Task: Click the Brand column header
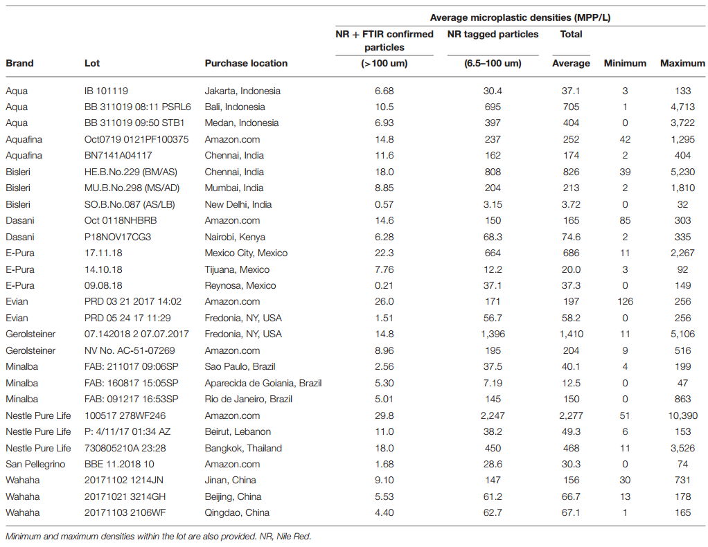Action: tap(19, 63)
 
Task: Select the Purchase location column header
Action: tap(246, 63)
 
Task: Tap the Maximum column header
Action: tap(682, 63)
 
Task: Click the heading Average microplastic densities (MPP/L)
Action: tap(520, 17)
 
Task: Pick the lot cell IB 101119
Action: tap(106, 91)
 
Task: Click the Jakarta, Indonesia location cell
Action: tap(242, 91)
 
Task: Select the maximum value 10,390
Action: tap(683, 415)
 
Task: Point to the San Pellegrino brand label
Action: tap(35, 464)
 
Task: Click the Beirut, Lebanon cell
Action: tap(238, 431)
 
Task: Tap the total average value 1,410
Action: tap(572, 334)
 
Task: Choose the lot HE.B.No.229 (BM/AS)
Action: tap(130, 172)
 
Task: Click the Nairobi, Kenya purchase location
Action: tap(235, 237)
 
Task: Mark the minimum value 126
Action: tap(625, 301)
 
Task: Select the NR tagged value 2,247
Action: tap(493, 415)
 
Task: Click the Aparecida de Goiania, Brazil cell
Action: tap(263, 383)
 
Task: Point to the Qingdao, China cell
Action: tap(237, 512)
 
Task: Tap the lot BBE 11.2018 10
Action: tap(119, 464)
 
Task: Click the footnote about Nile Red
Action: tap(159, 537)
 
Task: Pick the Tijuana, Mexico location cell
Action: tap(237, 269)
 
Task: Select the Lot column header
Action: tap(92, 63)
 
